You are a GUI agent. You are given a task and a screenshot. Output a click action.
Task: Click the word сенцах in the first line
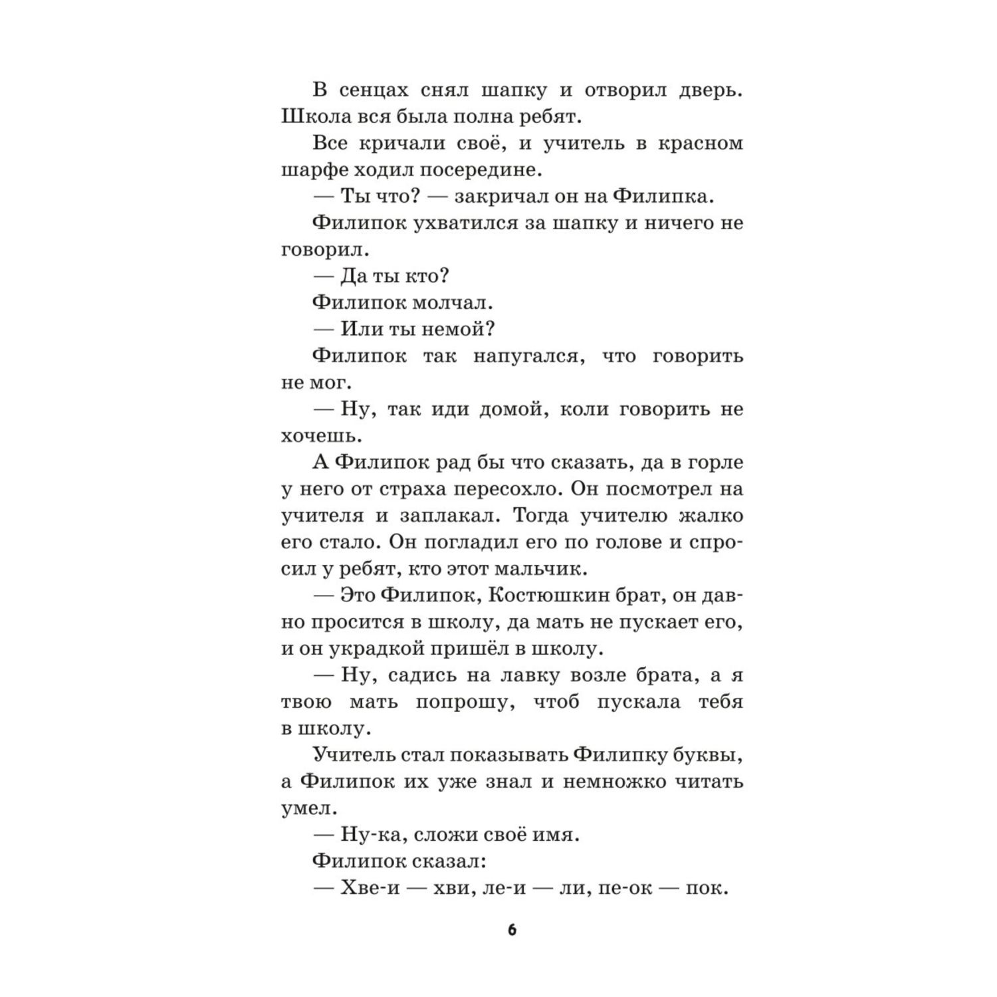tap(374, 90)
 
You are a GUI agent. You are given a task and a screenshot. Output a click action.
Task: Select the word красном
tap(701, 144)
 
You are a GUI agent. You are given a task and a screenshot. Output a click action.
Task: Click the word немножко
tap(611, 782)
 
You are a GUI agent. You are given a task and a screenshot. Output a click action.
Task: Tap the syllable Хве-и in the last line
tap(370, 889)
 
